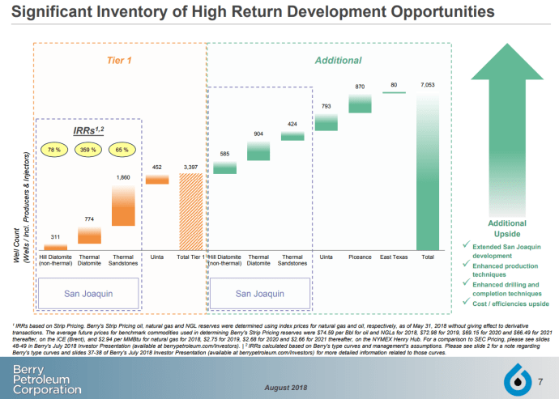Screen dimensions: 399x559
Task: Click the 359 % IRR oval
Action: tap(88, 151)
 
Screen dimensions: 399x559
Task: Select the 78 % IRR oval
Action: tap(54, 151)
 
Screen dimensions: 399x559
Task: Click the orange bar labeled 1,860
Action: tap(123, 206)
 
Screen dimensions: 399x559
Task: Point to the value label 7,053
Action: tap(428, 85)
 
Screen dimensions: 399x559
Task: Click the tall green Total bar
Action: tap(428, 172)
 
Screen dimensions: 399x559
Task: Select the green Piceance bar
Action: tap(360, 103)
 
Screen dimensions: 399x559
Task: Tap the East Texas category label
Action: tap(394, 257)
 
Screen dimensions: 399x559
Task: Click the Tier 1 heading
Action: tap(119, 61)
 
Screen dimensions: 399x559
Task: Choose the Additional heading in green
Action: tap(338, 61)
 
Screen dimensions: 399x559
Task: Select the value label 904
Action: tap(258, 134)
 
